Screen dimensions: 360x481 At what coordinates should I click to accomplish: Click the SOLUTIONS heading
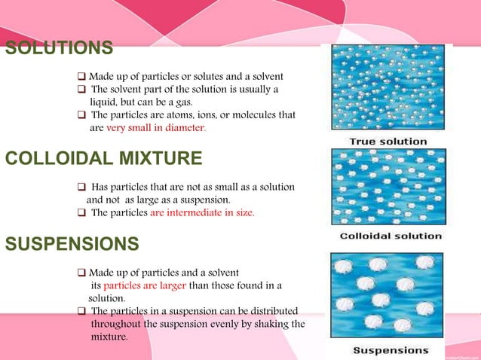click(x=60, y=49)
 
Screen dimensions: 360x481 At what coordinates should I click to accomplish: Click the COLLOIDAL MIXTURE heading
click(x=103, y=158)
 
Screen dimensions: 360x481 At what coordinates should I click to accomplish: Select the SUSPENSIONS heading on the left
click(x=72, y=244)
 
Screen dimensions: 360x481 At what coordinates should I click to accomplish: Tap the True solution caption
click(x=388, y=142)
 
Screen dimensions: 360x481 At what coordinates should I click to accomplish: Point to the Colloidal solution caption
click(x=391, y=236)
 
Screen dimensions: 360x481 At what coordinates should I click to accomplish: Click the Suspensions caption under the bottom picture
click(x=391, y=350)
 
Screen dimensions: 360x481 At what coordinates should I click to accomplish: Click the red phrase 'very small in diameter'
click(x=155, y=128)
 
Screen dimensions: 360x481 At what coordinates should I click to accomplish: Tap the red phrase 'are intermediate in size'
click(x=202, y=212)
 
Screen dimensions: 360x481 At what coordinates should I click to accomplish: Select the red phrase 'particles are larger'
click(x=138, y=285)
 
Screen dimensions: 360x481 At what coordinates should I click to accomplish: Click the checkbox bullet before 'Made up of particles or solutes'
click(x=81, y=77)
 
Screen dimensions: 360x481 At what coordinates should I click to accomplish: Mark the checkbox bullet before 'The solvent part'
click(x=81, y=90)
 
